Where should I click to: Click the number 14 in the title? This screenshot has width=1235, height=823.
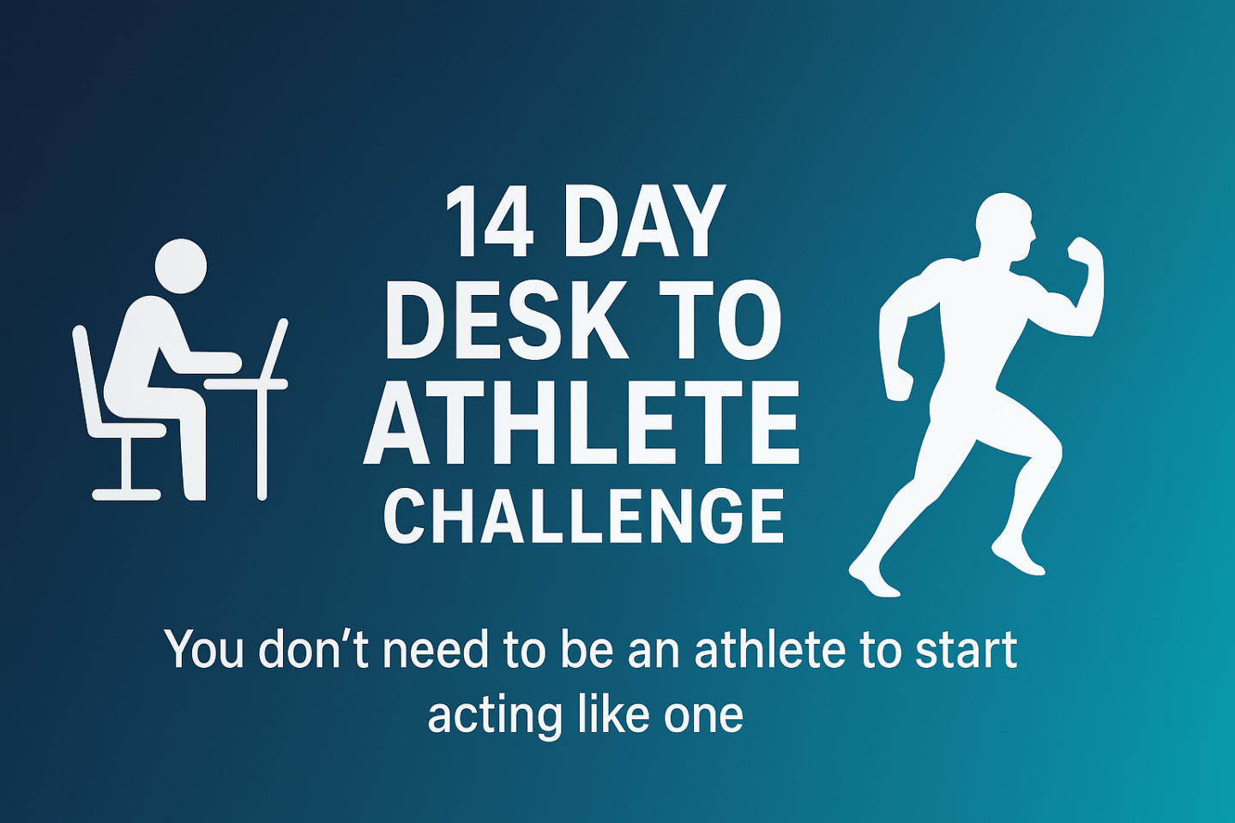point(490,221)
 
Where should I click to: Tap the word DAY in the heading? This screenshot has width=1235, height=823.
point(639,221)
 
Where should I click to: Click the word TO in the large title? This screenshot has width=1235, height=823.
point(717,323)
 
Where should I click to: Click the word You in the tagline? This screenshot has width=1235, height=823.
point(205,651)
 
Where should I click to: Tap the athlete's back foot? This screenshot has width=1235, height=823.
point(873,579)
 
